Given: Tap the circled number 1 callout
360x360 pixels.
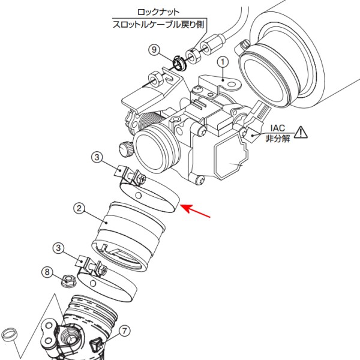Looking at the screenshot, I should [223, 62].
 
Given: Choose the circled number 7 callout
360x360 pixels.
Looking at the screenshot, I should [124, 330].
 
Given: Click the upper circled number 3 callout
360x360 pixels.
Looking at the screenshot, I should [97, 157].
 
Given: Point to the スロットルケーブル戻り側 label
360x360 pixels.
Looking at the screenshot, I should [159, 25].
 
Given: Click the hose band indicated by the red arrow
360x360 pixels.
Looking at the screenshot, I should [153, 194].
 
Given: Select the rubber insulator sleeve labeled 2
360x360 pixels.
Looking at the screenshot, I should [129, 231].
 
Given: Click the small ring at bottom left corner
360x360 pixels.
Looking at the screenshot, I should [11, 334].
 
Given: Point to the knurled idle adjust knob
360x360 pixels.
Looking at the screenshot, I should [125, 147].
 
